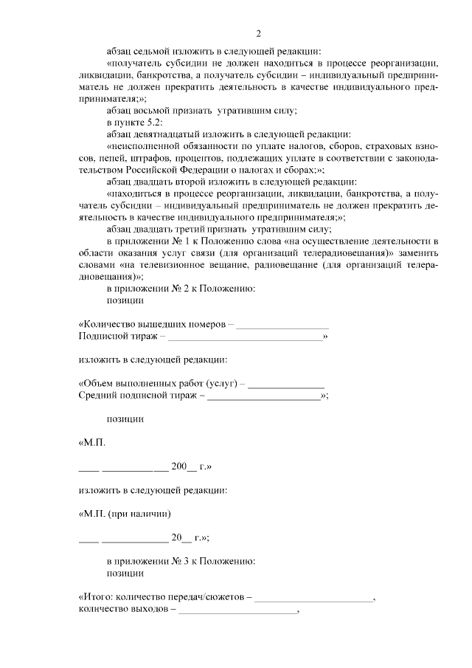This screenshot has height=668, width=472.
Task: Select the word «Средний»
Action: pos(96,396)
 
